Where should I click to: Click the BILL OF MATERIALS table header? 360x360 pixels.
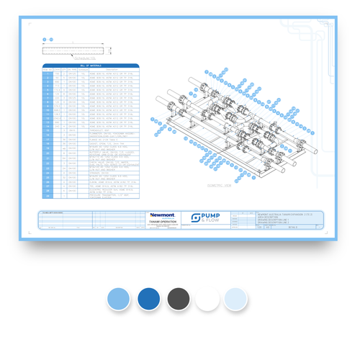point(90,66)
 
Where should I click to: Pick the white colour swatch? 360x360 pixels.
point(207,299)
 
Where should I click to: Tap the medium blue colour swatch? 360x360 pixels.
point(149,299)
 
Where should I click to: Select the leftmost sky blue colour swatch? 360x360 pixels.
point(120,299)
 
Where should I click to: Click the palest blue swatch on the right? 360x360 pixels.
point(235,299)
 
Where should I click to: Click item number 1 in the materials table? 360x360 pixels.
point(48,73)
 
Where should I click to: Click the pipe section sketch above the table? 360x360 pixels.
point(76,50)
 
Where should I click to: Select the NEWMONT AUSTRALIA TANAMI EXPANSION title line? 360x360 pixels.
point(288,215)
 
